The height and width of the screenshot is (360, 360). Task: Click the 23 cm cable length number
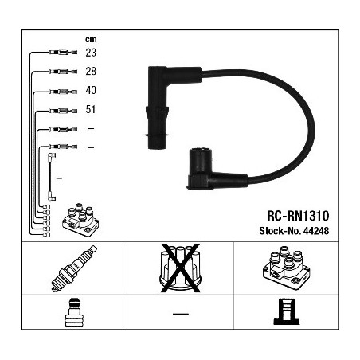tap(91, 53)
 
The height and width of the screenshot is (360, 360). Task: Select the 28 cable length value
tap(91, 71)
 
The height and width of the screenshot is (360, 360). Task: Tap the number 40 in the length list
tap(91, 90)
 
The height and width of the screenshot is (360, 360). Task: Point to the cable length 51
tap(91, 109)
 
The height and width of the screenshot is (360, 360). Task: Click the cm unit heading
tap(91, 39)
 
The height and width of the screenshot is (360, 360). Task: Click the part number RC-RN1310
tap(298, 216)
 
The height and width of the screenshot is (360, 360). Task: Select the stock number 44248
tap(316, 231)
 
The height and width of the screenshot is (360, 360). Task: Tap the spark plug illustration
tap(74, 268)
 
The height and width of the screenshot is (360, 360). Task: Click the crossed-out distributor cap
tap(180, 268)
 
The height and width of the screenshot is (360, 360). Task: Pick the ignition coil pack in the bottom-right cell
tap(287, 268)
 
